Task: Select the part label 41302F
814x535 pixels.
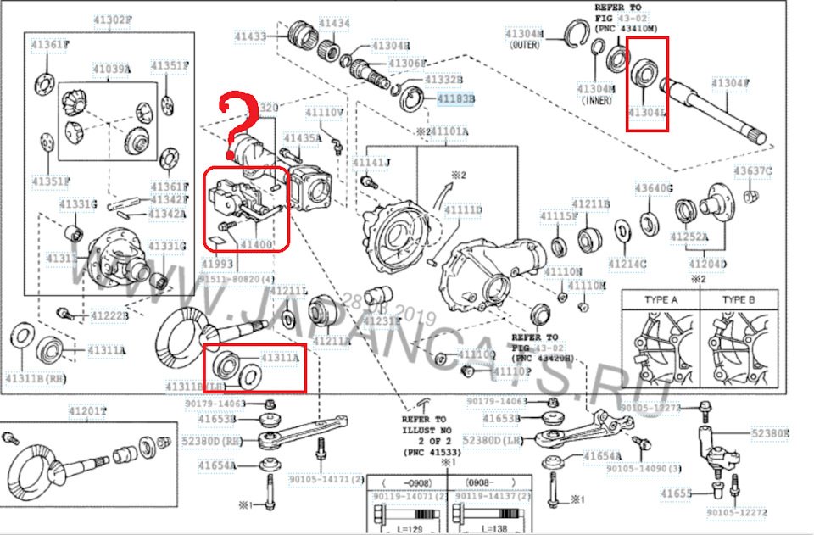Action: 110,20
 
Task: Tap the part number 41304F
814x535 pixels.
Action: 730,83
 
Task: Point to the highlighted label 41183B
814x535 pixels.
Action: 455,99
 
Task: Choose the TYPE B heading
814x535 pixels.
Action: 738,300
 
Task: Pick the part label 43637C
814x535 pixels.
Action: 753,171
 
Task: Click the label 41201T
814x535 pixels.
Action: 88,412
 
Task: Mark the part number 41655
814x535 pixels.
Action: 677,493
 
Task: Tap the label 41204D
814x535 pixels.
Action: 709,264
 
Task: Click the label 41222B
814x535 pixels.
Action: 109,315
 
